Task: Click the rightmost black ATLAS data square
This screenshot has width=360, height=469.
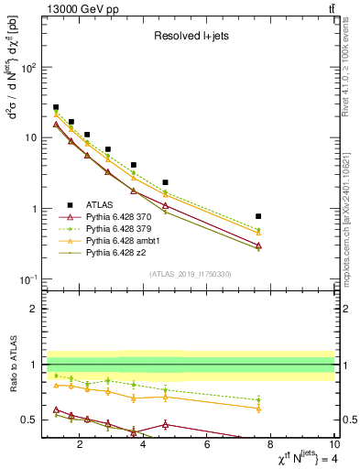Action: (x=258, y=216)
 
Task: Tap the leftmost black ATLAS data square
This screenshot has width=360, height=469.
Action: (x=56, y=107)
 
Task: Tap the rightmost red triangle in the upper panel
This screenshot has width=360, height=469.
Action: (x=258, y=245)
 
